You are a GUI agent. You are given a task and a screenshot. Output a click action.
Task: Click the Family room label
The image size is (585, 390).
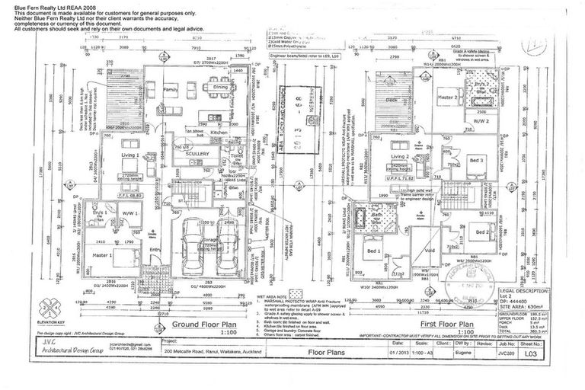(169, 90)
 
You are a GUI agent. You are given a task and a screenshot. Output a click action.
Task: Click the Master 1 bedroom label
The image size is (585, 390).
(102, 254)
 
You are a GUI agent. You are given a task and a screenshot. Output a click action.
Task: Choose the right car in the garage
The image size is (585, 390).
(225, 241)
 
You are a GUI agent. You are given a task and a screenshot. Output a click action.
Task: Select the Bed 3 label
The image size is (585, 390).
(477, 161)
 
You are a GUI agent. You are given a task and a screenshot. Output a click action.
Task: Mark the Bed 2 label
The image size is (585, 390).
(481, 232)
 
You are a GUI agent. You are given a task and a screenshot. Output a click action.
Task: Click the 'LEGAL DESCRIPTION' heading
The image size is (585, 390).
(522, 291)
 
